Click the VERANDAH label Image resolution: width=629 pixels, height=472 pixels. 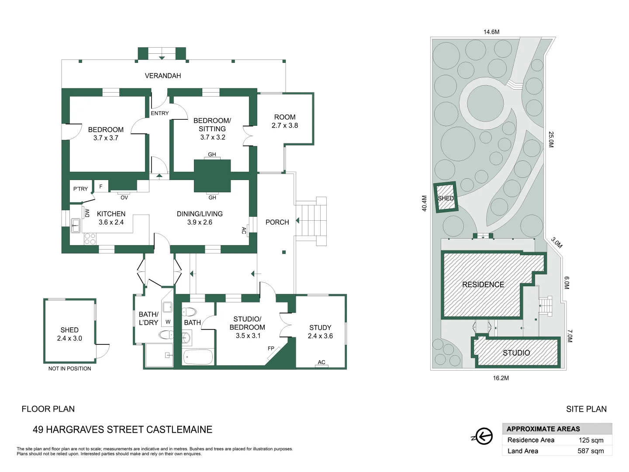163,76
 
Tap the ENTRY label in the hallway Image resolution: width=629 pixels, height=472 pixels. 159,113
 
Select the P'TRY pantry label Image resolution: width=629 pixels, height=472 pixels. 80,189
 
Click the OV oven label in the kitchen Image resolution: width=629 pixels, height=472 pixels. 124,198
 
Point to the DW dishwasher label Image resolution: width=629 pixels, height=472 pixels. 87,213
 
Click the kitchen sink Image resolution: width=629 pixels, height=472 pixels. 76,226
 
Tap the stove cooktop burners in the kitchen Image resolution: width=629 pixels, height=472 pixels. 90,239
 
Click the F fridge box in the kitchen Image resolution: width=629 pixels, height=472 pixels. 101,186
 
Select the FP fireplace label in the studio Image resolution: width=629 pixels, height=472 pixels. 271,348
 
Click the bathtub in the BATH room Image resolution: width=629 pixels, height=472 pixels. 198,357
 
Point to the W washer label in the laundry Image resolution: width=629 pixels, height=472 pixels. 168,322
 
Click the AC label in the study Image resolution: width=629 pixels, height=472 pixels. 321,362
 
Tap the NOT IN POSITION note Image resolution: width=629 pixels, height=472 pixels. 69,368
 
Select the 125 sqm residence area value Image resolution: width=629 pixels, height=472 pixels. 591,440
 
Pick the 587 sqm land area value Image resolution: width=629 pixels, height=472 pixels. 591,451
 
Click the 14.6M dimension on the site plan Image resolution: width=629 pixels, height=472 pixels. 491,32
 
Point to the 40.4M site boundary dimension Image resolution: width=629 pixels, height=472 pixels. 425,204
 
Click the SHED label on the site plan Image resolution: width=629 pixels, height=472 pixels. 446,198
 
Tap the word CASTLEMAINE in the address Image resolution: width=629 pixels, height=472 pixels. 180,429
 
